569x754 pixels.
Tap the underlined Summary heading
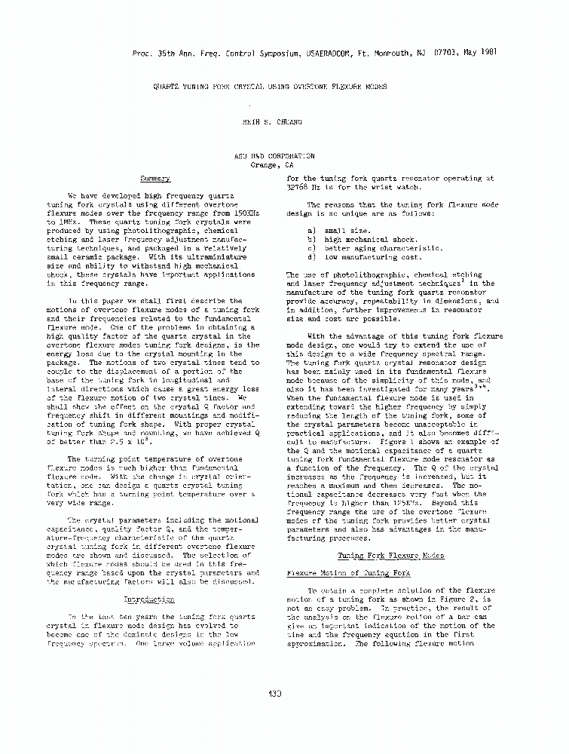155,179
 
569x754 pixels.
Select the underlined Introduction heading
148,599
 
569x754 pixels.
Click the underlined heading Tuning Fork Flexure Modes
390,555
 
